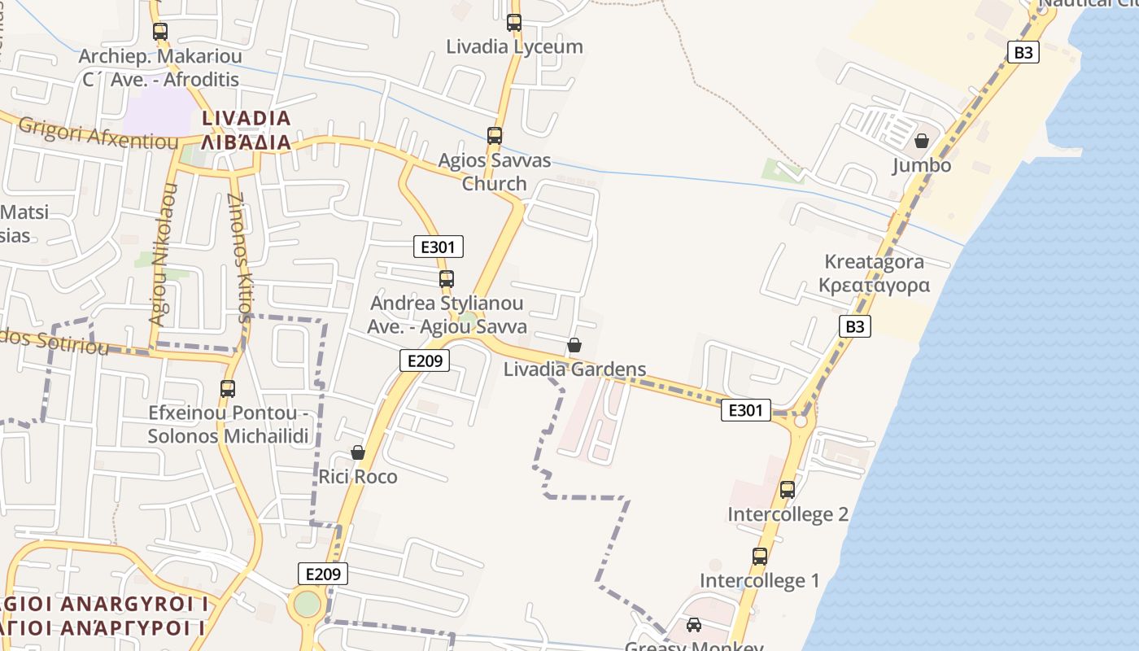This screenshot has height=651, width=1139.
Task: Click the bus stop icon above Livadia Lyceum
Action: [x=513, y=23]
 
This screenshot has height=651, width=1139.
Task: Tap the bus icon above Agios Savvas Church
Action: [x=494, y=136]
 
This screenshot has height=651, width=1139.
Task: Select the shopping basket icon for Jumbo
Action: [x=921, y=141]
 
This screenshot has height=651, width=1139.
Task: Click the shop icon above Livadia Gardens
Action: [x=574, y=345]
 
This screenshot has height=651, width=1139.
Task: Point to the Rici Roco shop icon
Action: [x=357, y=452]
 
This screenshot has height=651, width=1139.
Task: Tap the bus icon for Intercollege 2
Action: [x=787, y=490]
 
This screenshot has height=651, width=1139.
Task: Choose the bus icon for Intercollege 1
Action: [x=759, y=557]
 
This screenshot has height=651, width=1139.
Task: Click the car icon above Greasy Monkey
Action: [x=693, y=625]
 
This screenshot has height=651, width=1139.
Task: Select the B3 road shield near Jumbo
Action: [x=1023, y=53]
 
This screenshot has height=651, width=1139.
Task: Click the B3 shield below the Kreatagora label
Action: [x=855, y=326]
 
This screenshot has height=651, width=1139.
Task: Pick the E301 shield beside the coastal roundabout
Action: [x=745, y=411]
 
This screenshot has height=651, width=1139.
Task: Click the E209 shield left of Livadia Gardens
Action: [x=425, y=360]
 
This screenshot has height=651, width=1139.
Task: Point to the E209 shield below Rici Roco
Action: [x=323, y=574]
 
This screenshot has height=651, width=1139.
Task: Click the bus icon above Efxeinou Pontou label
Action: [x=227, y=389]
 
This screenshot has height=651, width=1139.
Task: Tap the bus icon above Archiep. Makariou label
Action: [x=160, y=32]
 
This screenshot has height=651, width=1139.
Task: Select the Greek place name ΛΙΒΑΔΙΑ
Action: [x=246, y=142]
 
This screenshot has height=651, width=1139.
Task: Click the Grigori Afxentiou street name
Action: [x=98, y=135]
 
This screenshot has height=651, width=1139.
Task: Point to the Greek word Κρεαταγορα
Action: [x=874, y=285]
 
